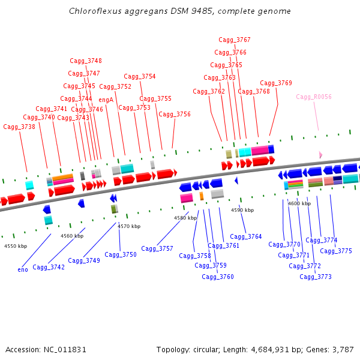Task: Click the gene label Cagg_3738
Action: click(x=19, y=127)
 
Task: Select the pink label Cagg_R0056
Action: click(x=313, y=97)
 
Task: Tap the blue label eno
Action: click(x=23, y=270)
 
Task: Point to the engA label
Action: click(x=106, y=100)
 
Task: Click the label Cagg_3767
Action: click(x=234, y=40)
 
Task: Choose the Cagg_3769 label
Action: click(x=275, y=83)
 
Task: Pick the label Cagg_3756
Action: click(x=175, y=115)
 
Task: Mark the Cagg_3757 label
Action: click(x=157, y=248)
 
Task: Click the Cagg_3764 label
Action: click(x=246, y=237)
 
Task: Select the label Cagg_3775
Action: click(x=336, y=251)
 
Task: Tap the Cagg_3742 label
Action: click(x=49, y=268)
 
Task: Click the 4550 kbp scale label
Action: click(x=16, y=247)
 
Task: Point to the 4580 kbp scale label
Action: click(x=185, y=218)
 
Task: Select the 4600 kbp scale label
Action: click(x=299, y=204)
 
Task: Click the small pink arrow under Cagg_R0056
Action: click(x=320, y=155)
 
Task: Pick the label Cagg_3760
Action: click(x=218, y=277)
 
